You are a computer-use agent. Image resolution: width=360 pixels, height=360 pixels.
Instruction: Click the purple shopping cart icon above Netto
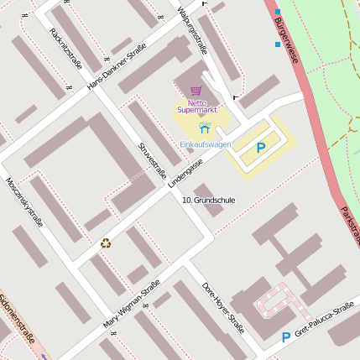pos(196,91)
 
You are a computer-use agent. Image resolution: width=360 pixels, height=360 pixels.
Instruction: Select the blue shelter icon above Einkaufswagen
pos(206,128)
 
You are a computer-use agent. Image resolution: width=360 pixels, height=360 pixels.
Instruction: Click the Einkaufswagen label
pos(206,144)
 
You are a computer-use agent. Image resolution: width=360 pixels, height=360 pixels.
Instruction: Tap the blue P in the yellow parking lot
pos(261,148)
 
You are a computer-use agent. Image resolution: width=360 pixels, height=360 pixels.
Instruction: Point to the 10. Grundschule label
pos(209,201)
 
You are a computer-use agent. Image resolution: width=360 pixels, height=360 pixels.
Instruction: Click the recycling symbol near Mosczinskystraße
pos(106,243)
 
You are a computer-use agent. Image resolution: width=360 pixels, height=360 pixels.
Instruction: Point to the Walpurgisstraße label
pos(194,29)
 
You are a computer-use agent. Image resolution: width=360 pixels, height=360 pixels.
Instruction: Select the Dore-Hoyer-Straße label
pos(222,307)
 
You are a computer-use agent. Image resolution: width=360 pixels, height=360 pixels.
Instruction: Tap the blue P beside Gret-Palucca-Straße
pos(286,337)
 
